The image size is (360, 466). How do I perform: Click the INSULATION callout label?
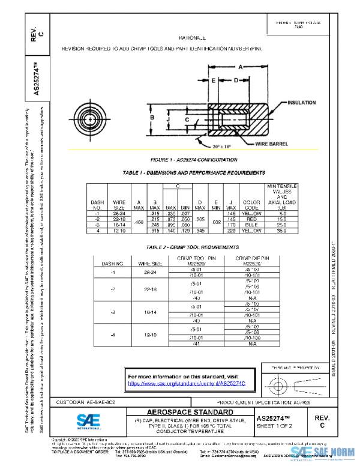pyautogui.click(x=302, y=103)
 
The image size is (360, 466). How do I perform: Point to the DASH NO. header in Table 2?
pyautogui.click(x=112, y=263)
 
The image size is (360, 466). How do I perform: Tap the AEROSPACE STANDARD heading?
pyautogui.click(x=190, y=412)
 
